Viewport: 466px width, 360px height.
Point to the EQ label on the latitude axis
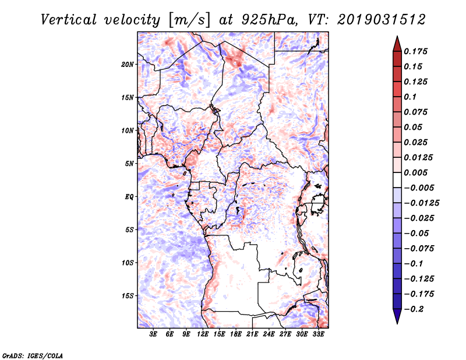tap(129, 197)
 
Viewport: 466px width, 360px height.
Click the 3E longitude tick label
tap(154, 335)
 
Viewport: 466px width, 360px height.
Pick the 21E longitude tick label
tap(253, 335)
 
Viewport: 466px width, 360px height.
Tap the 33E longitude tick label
tap(319, 335)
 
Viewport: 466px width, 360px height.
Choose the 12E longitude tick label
tap(203, 335)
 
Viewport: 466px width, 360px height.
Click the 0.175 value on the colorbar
tap(416, 51)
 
